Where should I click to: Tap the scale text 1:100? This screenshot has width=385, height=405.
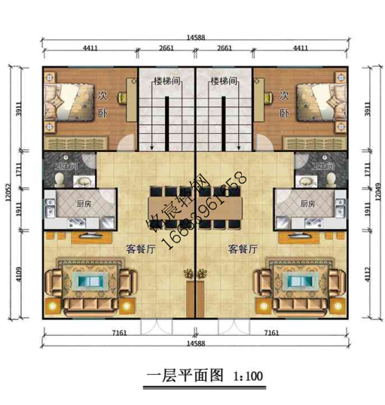(246, 374)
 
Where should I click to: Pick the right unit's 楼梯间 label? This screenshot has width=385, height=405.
(225, 80)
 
